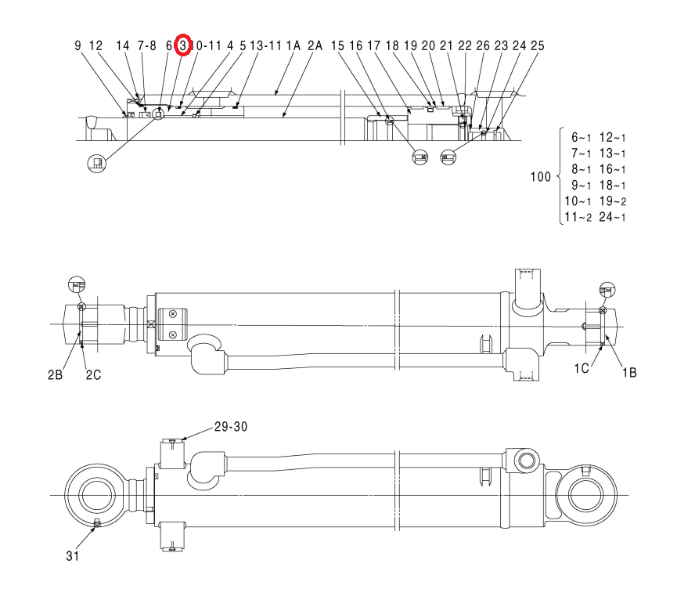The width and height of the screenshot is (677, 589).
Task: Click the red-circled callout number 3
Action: click(x=183, y=45)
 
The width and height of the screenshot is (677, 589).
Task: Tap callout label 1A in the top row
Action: click(x=293, y=45)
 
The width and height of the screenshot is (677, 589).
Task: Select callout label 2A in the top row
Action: click(x=315, y=45)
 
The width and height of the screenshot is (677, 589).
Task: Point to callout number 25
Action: click(x=538, y=45)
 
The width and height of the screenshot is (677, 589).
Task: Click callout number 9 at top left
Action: click(x=77, y=45)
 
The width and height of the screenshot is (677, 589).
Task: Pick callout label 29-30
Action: click(x=231, y=427)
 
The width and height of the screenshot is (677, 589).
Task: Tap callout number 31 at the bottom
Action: click(x=73, y=556)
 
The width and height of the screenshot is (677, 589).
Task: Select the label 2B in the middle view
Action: click(x=56, y=374)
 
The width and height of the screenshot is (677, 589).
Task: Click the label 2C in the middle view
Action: click(x=93, y=374)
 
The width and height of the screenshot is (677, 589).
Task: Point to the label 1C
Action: click(x=582, y=368)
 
